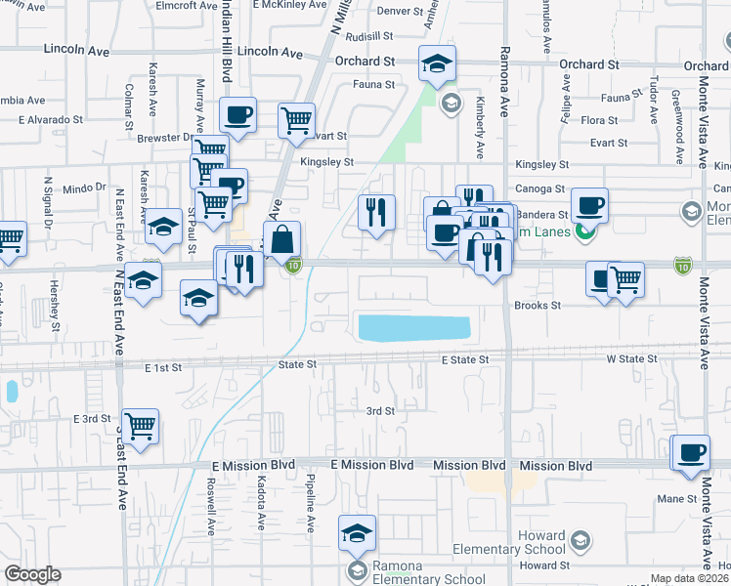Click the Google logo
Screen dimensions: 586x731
[x=33, y=574]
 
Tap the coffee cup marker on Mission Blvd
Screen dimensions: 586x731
[x=691, y=453]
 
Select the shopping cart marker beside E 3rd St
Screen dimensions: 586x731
[x=140, y=426]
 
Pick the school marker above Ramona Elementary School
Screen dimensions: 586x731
[x=357, y=533]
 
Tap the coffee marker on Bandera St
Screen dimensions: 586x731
[x=589, y=206]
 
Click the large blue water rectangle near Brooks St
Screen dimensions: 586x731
[x=413, y=328]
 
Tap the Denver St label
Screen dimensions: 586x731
[x=370, y=12]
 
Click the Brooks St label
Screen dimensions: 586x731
[x=538, y=305]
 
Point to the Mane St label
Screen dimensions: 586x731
[x=675, y=498]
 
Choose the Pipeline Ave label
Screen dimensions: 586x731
[x=310, y=504]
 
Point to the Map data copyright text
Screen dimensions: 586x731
[x=690, y=578]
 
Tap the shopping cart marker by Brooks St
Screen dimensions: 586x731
[x=625, y=280]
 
